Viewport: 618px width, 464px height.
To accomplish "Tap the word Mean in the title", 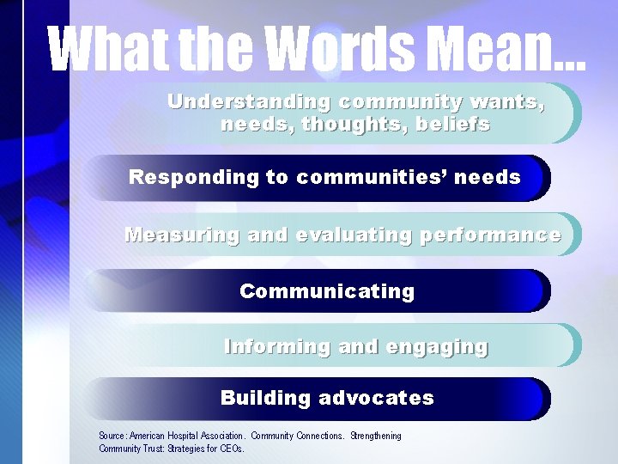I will tap(493, 49).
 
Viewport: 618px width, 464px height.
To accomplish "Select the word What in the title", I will tap(102, 49).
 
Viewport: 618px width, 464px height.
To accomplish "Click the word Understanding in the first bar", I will tap(249, 102).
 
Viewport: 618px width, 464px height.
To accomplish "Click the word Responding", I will tap(194, 178).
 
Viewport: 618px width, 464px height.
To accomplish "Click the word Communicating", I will tap(327, 292).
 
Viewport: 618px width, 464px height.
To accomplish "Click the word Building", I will tap(265, 399).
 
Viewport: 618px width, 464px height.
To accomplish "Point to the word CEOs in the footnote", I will tap(231, 449).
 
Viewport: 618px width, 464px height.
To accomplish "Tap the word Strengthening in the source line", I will tap(375, 437).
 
